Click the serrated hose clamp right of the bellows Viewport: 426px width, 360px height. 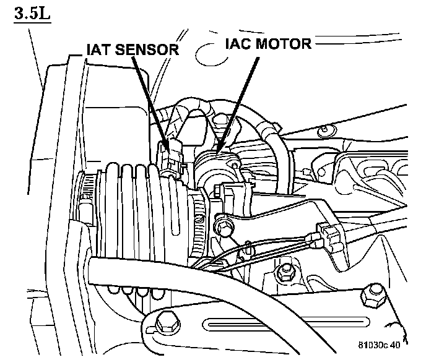[x=197, y=226]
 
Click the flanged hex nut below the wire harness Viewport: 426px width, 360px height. [x=286, y=270]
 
